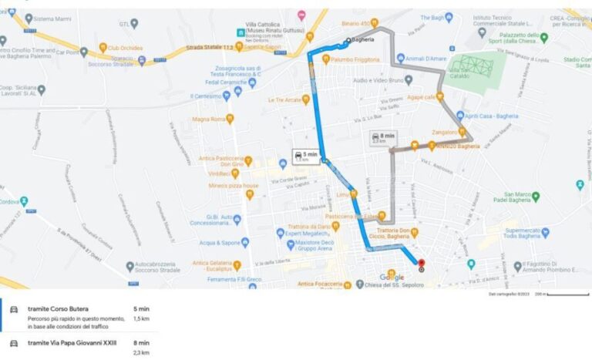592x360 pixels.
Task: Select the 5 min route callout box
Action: tap(305, 156)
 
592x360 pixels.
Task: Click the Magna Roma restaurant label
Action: tap(207, 119)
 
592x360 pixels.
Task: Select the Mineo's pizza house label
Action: tap(237, 186)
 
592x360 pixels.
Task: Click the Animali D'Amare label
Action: tap(426, 59)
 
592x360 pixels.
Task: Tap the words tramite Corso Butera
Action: tap(58, 308)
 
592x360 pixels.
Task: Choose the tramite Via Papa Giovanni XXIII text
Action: tap(72, 343)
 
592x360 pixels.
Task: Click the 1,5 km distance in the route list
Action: tap(141, 318)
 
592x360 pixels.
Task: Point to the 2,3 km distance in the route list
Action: tap(141, 352)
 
